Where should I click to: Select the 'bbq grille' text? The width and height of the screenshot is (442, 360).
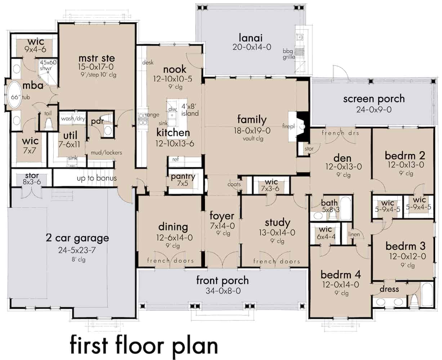pos(289,54)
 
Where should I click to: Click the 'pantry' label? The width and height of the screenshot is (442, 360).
pos(183,176)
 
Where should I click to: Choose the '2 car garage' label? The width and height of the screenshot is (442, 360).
pos(77,238)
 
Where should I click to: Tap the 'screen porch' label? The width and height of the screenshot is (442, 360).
pos(374,98)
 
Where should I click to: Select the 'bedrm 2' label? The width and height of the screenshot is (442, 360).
pos(405,156)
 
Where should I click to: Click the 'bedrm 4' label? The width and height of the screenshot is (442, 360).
pos(341,275)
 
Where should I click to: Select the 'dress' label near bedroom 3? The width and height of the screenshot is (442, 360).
pos(389,289)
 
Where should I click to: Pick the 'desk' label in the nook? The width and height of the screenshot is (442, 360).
pos(147,63)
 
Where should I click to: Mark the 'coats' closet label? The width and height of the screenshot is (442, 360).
pos(234,184)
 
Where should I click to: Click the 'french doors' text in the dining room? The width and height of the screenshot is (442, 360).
pos(170,261)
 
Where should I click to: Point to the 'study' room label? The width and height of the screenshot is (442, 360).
pos(277,222)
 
